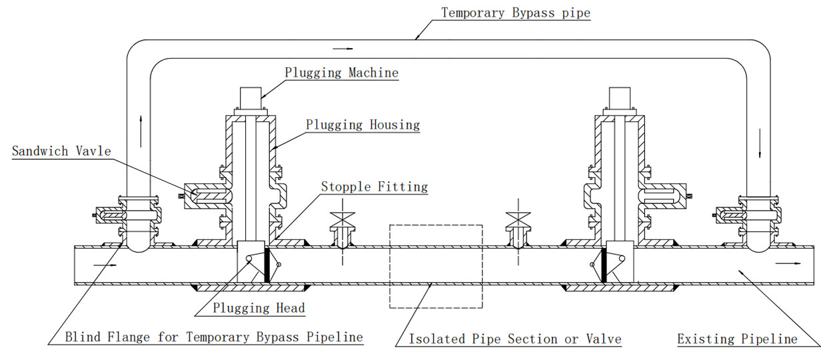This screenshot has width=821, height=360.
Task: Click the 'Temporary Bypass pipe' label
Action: (516, 13)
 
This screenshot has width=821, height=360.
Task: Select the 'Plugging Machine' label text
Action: (341, 72)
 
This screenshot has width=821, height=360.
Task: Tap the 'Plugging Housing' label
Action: (363, 125)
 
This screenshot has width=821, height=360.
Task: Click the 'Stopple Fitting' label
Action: (374, 186)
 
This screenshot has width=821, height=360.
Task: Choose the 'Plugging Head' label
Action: (259, 307)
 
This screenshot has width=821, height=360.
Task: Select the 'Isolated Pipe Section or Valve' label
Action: (514, 339)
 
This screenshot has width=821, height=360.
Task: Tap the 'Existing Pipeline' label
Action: (737, 339)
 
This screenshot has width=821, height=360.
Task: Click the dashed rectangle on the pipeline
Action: (435, 266)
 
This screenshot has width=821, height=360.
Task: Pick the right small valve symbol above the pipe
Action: (516, 216)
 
